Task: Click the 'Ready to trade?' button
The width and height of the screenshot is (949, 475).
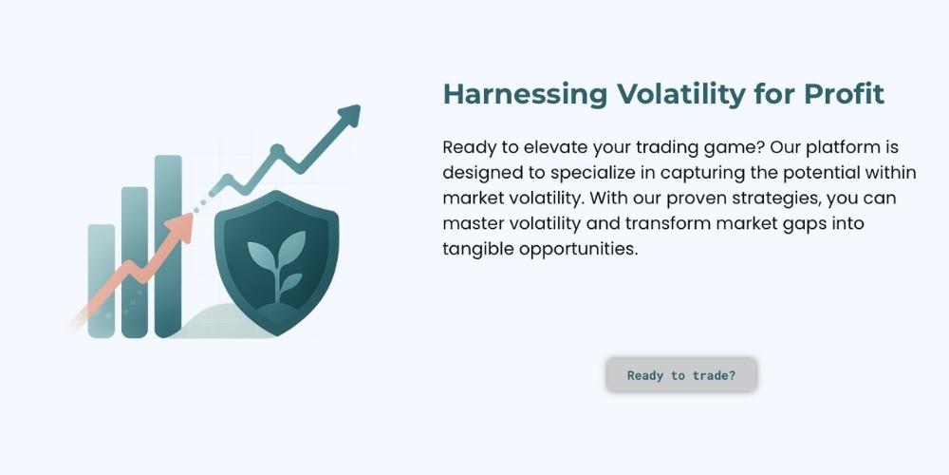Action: click(681, 375)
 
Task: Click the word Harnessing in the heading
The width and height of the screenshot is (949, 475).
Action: click(525, 94)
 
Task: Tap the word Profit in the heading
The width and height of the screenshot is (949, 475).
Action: click(844, 94)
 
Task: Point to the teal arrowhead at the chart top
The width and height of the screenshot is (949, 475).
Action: click(349, 115)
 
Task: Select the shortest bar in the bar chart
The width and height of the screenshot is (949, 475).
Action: click(102, 280)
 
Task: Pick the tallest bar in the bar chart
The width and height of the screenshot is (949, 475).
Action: click(168, 246)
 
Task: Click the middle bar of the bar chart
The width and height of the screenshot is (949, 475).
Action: click(135, 262)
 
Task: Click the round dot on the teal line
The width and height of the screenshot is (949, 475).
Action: click(277, 150)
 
